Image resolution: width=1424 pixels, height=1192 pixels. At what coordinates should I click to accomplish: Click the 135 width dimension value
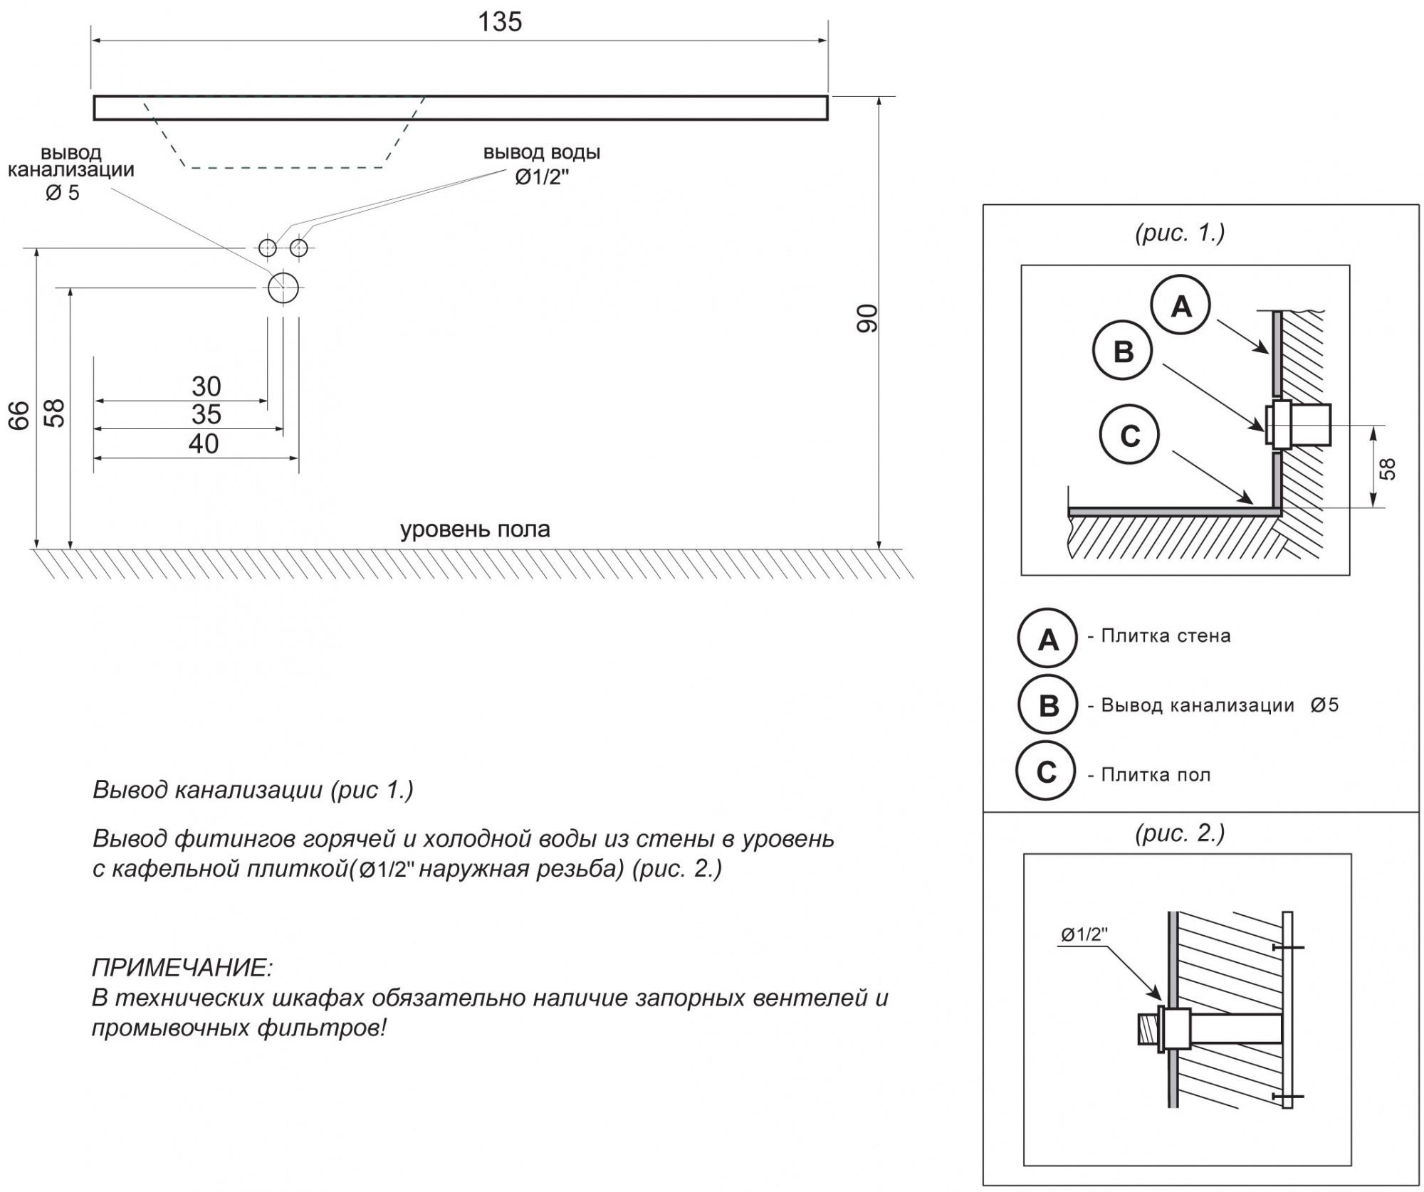500,22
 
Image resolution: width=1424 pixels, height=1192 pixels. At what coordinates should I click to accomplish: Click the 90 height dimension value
868,317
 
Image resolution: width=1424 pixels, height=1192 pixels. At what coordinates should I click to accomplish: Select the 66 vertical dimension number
20,415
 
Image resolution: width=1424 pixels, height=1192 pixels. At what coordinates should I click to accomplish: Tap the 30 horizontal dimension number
206,386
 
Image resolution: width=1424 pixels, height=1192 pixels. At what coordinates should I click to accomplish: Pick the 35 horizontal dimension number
206,414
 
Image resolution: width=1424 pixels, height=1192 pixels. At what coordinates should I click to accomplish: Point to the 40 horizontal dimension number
204,443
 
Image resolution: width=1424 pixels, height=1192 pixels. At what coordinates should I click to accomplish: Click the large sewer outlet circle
283,288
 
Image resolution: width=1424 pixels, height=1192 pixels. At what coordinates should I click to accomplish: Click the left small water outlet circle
267,248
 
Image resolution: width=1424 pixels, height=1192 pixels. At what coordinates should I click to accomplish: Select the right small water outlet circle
299,248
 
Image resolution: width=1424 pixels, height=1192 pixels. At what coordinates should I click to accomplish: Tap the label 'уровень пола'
475,529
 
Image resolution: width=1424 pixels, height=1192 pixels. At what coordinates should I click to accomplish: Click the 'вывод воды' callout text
542,153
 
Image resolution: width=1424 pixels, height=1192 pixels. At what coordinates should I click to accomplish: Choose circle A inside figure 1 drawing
1180,305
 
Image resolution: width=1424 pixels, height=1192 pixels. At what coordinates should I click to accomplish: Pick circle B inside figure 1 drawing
1122,350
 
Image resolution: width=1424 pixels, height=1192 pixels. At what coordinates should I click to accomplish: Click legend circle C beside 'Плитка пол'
1046,771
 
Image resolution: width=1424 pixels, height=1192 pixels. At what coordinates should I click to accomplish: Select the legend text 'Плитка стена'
1166,635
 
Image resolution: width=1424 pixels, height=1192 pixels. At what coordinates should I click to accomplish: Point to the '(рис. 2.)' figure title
1180,832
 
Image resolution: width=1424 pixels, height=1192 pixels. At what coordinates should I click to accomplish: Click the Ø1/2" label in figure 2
1084,935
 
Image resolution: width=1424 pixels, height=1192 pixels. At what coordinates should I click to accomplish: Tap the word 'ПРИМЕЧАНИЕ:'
182,968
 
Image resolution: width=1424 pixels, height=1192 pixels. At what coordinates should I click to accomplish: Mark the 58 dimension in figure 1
1388,469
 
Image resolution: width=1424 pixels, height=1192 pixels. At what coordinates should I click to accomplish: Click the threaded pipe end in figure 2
1147,1030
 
